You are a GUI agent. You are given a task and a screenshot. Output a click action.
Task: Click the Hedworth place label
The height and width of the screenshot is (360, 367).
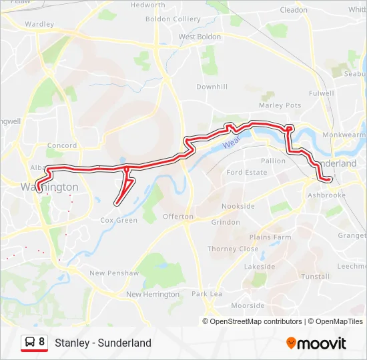[148, 5]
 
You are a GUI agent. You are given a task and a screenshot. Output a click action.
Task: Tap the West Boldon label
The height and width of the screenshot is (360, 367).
[200, 37]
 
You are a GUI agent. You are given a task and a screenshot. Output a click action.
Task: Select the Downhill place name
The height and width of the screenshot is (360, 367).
[212, 87]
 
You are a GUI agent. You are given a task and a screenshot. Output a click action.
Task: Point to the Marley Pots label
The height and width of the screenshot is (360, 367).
[280, 105]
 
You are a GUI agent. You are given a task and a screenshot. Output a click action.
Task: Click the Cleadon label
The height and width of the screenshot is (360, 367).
[294, 10]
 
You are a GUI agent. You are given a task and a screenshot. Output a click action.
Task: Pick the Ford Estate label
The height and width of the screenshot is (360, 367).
[247, 172]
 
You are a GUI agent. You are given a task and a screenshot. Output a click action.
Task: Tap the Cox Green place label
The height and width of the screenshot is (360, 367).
[119, 220]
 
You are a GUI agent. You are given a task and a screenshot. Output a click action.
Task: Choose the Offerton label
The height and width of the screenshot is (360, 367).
[177, 217]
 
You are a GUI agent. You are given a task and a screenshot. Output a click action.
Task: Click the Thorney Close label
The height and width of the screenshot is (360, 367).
[233, 249]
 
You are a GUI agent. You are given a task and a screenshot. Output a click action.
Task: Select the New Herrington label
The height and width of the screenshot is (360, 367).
[153, 294]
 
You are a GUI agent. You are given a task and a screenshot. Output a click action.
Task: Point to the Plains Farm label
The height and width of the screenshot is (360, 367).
[270, 237]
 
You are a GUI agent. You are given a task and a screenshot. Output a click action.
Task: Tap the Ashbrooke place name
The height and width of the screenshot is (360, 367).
[327, 195]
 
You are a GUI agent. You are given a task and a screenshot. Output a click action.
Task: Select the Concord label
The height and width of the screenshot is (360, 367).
[62, 145]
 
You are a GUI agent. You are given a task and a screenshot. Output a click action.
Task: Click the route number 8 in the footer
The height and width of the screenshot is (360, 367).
[42, 342]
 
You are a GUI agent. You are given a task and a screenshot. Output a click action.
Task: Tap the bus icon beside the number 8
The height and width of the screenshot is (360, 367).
[30, 342]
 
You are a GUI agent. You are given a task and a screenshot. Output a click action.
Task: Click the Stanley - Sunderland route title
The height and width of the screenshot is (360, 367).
[103, 343]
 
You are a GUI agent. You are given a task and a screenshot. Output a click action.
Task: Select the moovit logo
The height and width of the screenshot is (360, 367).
[316, 343]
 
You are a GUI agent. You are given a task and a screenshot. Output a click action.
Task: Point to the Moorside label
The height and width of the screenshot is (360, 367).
[248, 305]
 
